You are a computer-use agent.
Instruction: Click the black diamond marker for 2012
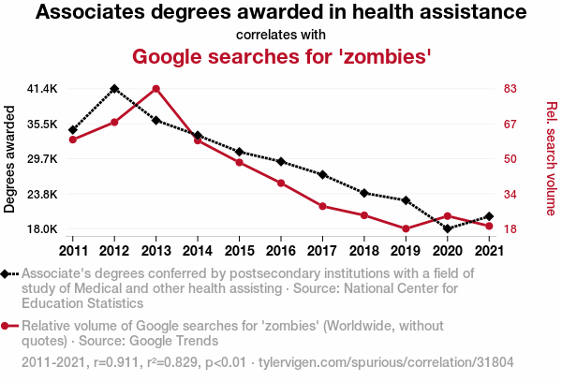click(x=114, y=88)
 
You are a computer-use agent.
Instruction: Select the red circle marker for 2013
click(x=155, y=89)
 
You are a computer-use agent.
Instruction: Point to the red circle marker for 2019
click(x=406, y=228)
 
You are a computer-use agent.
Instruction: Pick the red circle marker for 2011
click(x=72, y=140)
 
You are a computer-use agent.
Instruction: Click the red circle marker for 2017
click(x=322, y=206)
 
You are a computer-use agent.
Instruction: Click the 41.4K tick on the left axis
click(x=42, y=89)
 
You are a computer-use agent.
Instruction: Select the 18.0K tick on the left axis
click(x=42, y=229)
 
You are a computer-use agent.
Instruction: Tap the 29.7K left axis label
click(x=42, y=159)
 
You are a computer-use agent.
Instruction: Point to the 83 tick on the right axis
click(x=510, y=89)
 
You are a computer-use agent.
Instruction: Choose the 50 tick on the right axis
click(x=510, y=159)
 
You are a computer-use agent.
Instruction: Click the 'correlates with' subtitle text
click(x=281, y=36)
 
